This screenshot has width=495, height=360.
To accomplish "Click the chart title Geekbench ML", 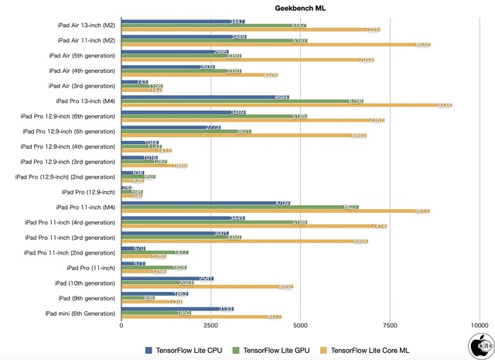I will pos(300,8).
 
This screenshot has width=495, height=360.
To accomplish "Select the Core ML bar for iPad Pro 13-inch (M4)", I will pos(286,105).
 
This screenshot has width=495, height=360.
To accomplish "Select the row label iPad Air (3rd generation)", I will pos(82,86).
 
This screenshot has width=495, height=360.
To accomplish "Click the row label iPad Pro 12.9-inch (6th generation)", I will pos(68,116).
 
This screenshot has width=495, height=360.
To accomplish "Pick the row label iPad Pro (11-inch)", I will pos(89,267).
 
